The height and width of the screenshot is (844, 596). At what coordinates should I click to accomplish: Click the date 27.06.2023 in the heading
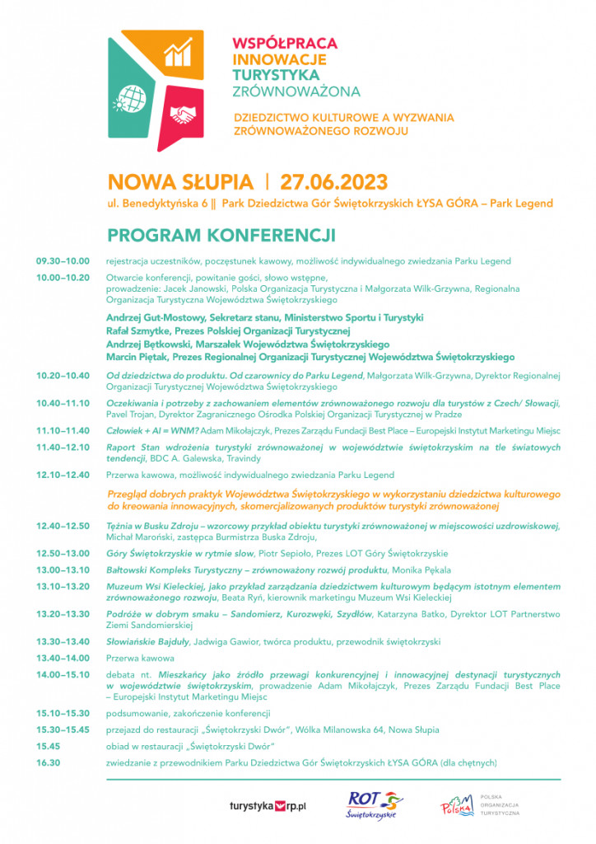(334, 181)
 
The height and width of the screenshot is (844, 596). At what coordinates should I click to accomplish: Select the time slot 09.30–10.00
(63, 261)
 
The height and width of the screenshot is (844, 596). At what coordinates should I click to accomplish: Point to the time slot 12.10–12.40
(63, 475)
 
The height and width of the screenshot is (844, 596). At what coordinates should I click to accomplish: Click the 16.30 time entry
(49, 762)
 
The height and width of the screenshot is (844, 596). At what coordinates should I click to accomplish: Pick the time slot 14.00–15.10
(63, 674)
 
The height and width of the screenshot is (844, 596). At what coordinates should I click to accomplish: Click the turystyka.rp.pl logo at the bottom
(268, 804)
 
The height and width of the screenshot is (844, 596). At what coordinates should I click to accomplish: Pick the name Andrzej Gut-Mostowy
(153, 317)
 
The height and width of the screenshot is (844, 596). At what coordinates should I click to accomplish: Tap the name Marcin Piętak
(137, 357)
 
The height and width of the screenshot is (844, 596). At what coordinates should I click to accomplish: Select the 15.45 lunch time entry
(49, 746)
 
